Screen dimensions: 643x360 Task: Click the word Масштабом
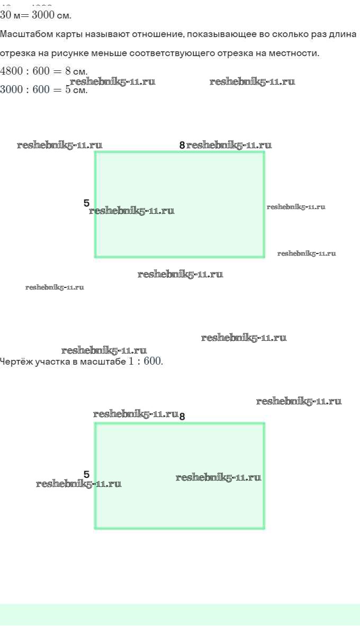coord(23,34)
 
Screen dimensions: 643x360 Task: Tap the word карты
coord(62,34)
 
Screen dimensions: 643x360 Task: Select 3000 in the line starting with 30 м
coord(43,15)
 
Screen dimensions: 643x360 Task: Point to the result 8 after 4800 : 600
coord(68,71)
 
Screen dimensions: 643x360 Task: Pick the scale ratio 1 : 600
coord(145,362)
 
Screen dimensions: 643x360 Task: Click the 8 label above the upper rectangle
coord(182,145)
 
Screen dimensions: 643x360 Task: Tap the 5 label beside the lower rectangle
coord(86,474)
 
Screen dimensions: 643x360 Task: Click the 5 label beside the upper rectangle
coord(86,203)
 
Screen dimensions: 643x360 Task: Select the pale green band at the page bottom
coord(180,614)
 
